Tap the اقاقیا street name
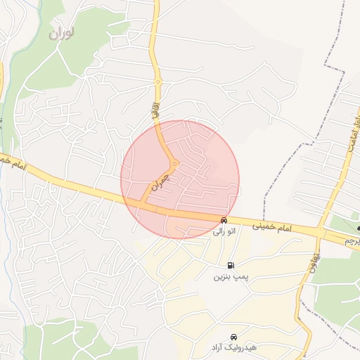[x=156, y=110]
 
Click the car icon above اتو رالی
[x=224, y=220]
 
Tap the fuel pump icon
[x=231, y=266]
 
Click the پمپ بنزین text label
[x=232, y=277]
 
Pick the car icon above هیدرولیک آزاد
[x=233, y=337]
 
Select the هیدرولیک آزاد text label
[x=232, y=348]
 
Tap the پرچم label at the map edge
[x=352, y=241]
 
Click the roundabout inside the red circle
[x=174, y=164]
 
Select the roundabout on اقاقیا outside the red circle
[x=159, y=83]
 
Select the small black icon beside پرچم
[x=358, y=229]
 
